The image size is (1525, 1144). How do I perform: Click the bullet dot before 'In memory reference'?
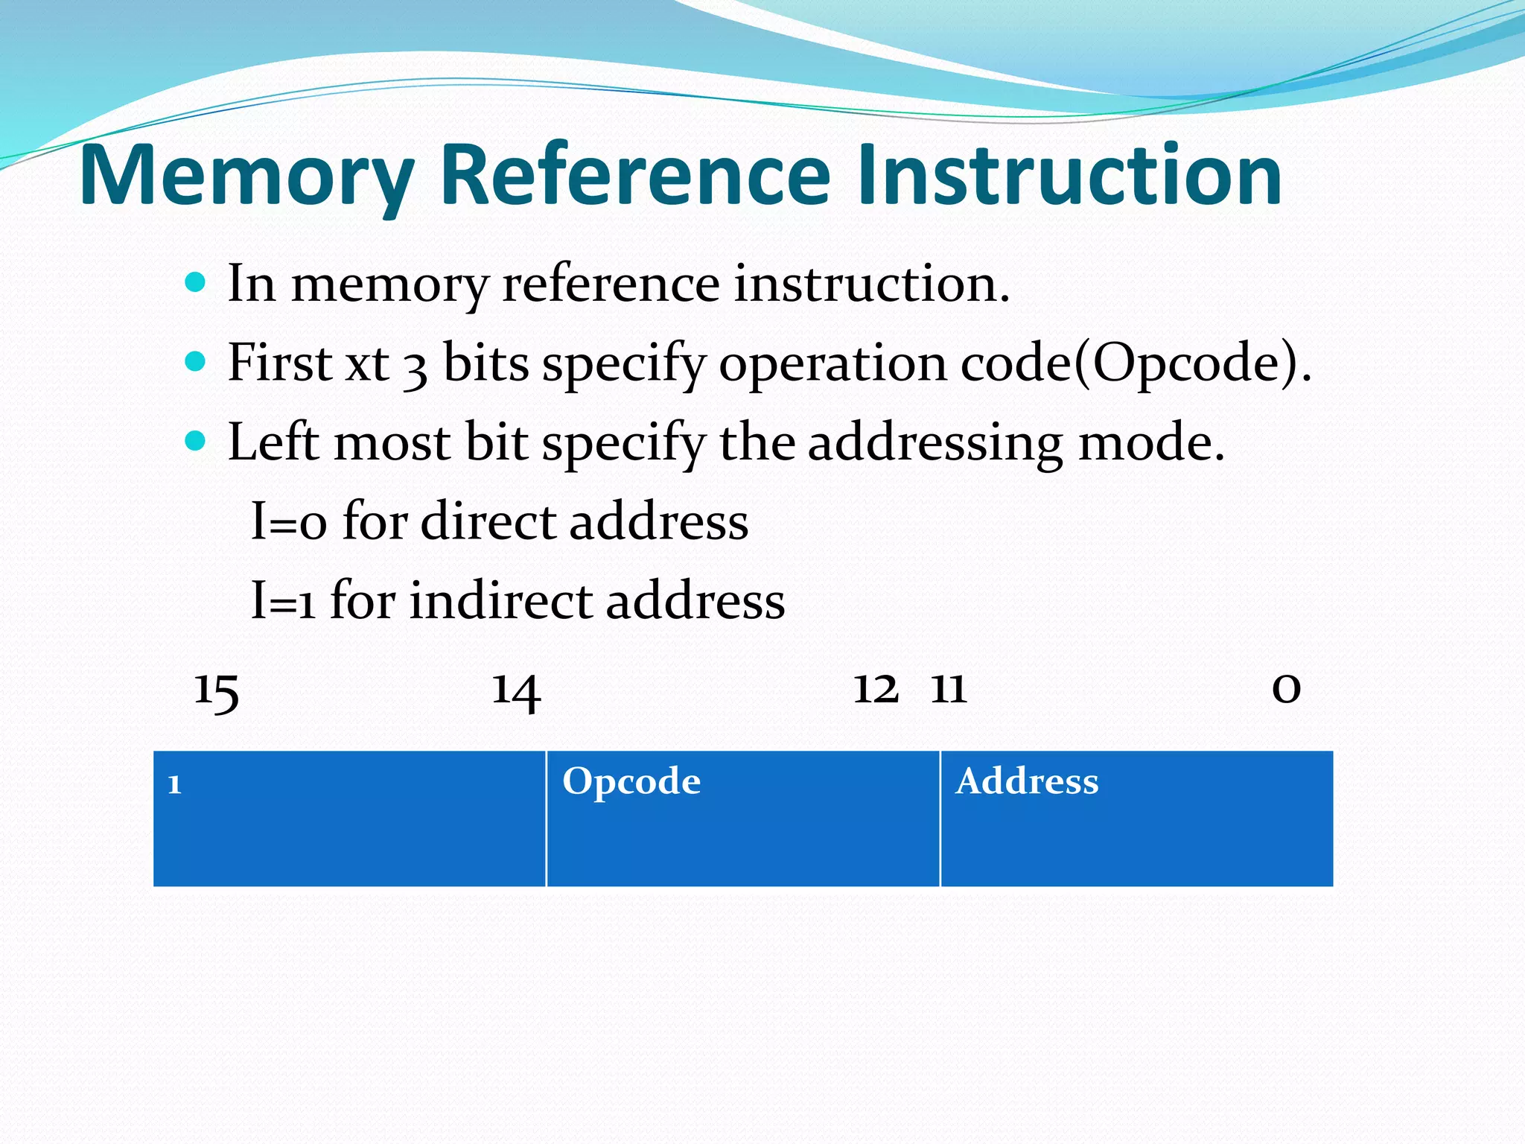(195, 282)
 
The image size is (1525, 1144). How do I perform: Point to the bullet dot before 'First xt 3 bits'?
(195, 362)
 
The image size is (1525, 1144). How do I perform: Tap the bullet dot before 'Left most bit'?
(195, 441)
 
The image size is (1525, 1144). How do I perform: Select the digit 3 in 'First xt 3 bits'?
(416, 368)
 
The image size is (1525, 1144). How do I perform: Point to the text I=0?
(288, 521)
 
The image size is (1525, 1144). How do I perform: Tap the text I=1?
(282, 601)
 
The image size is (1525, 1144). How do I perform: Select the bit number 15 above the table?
(216, 691)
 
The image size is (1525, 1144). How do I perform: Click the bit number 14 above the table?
(516, 691)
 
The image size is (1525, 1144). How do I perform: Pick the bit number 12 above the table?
(875, 689)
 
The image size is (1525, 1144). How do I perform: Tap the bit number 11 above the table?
(949, 689)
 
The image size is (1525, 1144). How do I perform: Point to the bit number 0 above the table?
(1286, 689)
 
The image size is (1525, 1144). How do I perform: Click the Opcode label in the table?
(631, 782)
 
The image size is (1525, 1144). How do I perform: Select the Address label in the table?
(1027, 782)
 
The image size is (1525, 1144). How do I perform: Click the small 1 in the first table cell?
(175, 785)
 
